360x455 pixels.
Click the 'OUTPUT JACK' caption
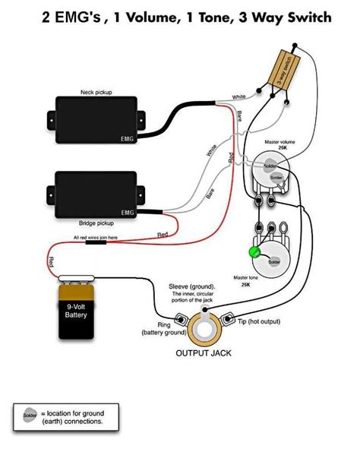point(204,354)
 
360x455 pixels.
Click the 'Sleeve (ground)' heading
point(191,287)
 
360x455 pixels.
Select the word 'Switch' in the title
point(305,17)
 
